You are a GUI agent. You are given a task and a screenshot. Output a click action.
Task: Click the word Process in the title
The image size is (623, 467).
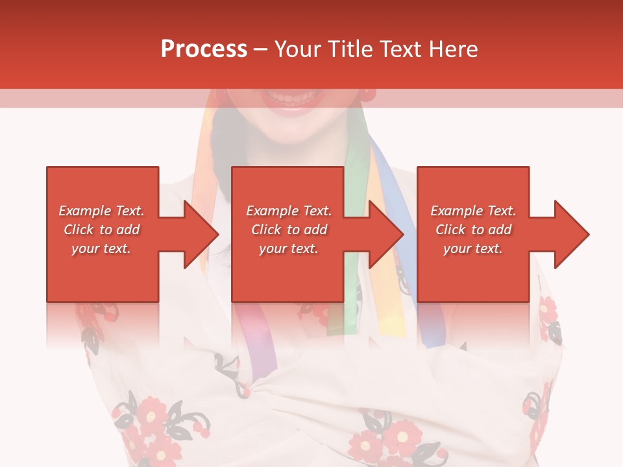(204, 49)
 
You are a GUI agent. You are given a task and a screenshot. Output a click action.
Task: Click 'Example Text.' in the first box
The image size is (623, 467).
(101, 211)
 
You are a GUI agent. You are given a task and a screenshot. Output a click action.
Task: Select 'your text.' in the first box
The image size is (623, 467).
(101, 248)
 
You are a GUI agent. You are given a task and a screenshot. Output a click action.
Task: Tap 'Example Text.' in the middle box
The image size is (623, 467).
(289, 211)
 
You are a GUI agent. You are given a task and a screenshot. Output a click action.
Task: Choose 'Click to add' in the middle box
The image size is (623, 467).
(289, 230)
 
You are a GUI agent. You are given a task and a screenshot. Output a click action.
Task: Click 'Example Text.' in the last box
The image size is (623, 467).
(473, 211)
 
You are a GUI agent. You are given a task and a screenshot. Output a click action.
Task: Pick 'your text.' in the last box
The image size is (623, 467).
(473, 248)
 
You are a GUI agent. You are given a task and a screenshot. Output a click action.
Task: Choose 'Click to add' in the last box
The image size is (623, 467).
(473, 230)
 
